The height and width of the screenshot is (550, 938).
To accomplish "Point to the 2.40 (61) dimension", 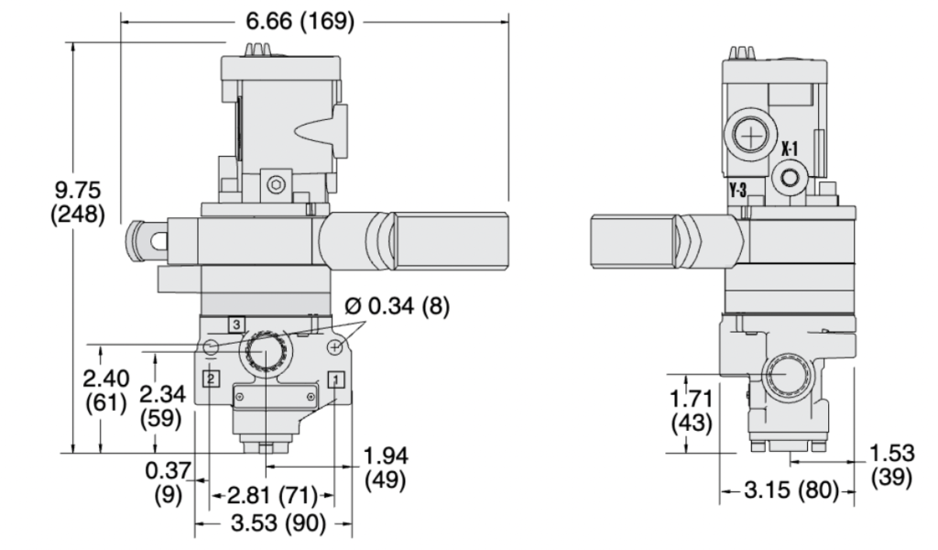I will (105, 390).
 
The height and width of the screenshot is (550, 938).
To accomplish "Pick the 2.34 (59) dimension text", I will (161, 405).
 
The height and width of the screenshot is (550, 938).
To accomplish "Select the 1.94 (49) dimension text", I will (385, 467).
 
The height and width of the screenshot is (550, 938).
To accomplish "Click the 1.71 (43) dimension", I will (693, 412).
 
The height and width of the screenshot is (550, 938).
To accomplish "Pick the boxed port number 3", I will (236, 324).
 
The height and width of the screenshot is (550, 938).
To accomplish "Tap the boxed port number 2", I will (212, 378).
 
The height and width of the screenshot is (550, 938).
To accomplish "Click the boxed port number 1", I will (336, 378).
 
